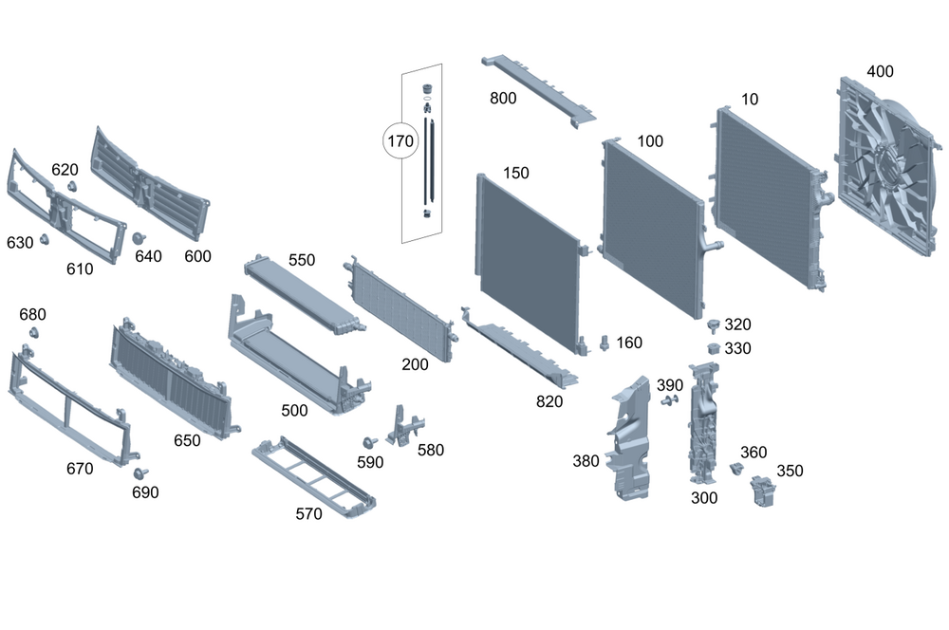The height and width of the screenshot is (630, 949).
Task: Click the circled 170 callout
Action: pyautogui.click(x=400, y=142)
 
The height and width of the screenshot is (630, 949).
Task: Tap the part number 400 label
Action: pyautogui.click(x=880, y=71)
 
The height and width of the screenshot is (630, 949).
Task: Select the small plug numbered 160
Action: pyautogui.click(x=605, y=343)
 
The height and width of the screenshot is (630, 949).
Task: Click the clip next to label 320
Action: pyautogui.click(x=710, y=326)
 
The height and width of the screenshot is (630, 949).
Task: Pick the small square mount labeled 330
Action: pyautogui.click(x=713, y=348)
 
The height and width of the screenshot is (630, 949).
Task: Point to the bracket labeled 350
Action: pyautogui.click(x=762, y=490)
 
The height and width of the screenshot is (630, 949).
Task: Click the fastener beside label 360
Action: pyautogui.click(x=735, y=468)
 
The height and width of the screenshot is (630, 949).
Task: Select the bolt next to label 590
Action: pyautogui.click(x=367, y=444)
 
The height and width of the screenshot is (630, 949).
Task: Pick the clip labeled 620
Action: pyautogui.click(x=72, y=186)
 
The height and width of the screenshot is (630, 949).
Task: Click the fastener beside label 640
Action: pyautogui.click(x=139, y=237)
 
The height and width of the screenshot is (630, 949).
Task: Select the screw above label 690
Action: pyautogui.click(x=140, y=473)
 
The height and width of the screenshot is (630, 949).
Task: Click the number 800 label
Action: pyautogui.click(x=503, y=99)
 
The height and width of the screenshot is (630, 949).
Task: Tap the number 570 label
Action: pyautogui.click(x=308, y=513)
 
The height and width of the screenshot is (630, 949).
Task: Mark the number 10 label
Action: pyautogui.click(x=750, y=98)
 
